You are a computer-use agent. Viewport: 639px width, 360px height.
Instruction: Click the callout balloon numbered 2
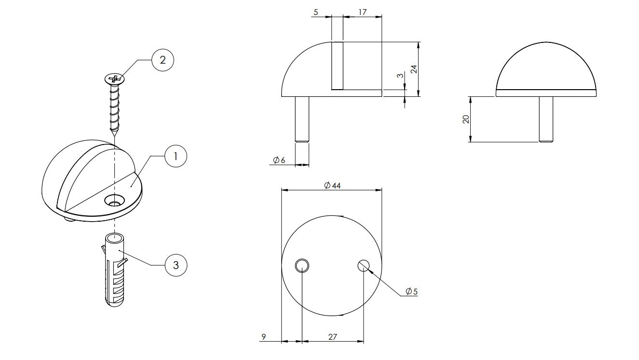[x=163, y=60]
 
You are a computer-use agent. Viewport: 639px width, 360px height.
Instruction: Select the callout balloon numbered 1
[x=176, y=156]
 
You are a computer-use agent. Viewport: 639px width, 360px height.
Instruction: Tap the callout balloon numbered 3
[x=176, y=266]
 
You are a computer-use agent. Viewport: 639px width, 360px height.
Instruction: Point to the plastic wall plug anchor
[x=115, y=270]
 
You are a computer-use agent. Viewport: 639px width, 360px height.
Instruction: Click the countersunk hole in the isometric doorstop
[x=115, y=200]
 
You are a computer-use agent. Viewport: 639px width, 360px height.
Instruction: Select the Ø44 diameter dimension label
[x=332, y=186]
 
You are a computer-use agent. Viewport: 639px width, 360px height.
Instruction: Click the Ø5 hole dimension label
[x=412, y=291]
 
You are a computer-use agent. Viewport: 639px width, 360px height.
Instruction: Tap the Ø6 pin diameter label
[x=279, y=160]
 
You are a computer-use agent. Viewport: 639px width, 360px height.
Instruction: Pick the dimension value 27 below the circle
[x=333, y=337]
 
